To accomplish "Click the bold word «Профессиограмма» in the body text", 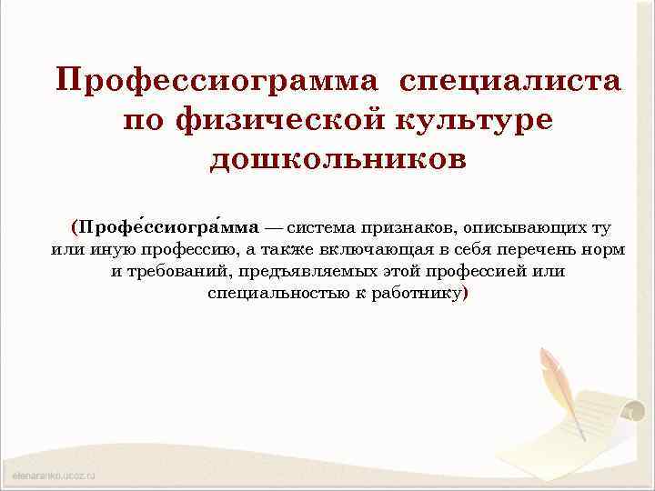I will pos(169,225).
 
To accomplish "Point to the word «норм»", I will pos(605,248).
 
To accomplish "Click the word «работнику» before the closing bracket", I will pos(417,294).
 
